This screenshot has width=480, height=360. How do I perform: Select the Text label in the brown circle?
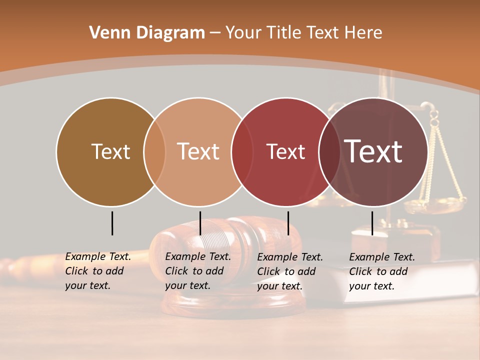tap(110, 151)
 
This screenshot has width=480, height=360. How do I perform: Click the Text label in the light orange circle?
tap(198, 151)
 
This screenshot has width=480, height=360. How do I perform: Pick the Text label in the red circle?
tap(285, 151)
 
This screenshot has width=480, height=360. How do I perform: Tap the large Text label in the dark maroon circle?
tap(373, 151)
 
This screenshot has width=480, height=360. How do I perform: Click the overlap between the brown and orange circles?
tap(154, 151)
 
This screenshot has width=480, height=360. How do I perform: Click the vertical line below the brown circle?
tap(112, 223)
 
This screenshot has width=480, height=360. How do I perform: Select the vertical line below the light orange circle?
tap(200, 223)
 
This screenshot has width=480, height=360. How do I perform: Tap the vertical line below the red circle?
tap(288, 223)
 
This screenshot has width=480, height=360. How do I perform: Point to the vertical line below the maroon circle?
tap(372, 223)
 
